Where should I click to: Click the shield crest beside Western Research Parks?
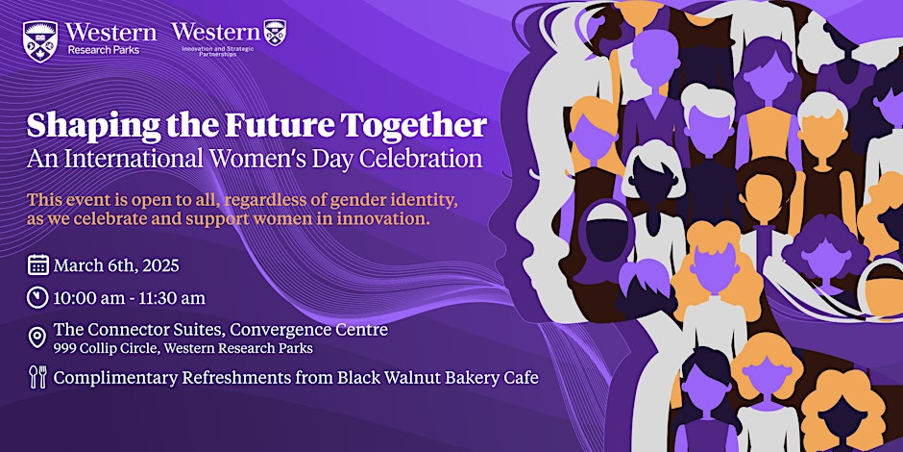tap(39, 41)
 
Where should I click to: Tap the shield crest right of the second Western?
tap(275, 33)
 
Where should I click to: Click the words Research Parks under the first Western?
tap(103, 50)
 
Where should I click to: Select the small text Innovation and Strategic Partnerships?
tap(218, 51)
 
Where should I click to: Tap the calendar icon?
tap(38, 265)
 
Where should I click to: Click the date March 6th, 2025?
tap(116, 266)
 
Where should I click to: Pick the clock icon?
tap(37, 297)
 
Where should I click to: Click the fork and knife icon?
tap(37, 377)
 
